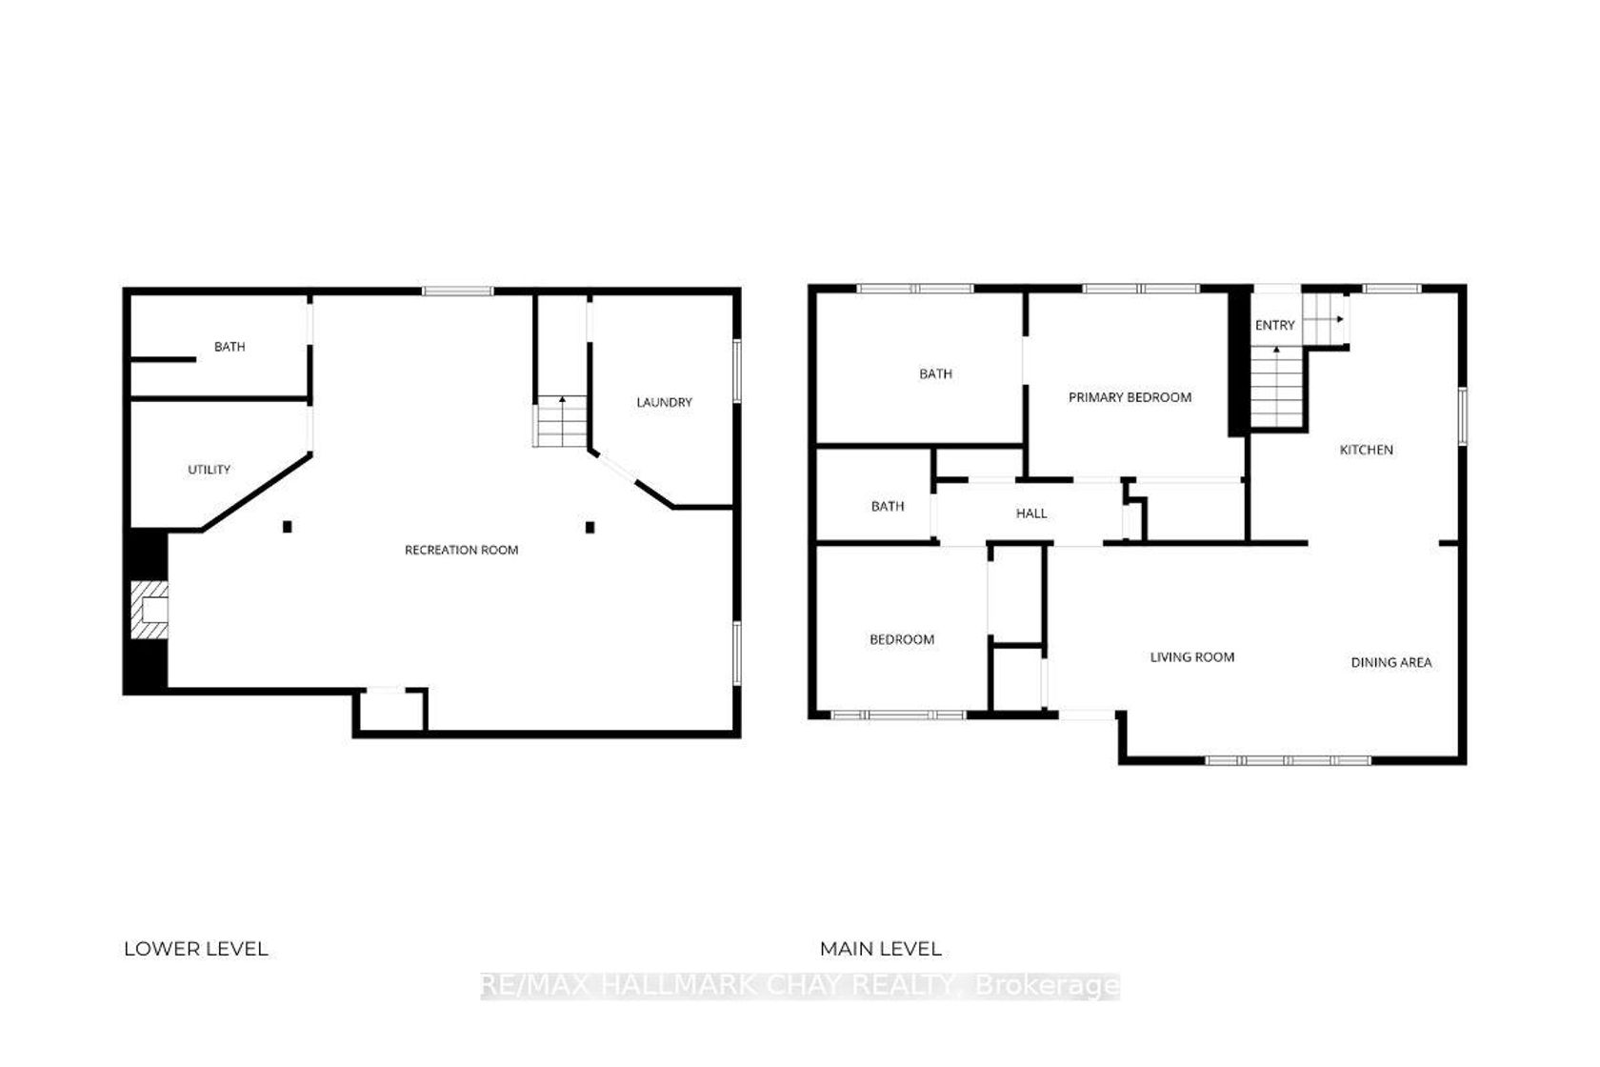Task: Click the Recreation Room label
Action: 461,550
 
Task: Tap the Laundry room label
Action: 665,402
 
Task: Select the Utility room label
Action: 209,470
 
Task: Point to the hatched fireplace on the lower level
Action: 150,610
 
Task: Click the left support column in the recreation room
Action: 288,527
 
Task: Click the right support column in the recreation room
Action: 590,528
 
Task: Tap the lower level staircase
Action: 562,421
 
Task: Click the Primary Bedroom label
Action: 1130,397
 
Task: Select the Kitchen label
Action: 1367,450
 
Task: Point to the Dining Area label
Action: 1391,662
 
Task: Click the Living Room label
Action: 1192,656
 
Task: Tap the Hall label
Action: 1031,513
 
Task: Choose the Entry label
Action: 1275,325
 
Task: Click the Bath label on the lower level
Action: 230,347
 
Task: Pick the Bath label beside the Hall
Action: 888,506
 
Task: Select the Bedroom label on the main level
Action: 902,639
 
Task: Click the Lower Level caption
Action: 196,949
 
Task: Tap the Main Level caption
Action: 881,949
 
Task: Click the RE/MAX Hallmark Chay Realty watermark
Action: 800,985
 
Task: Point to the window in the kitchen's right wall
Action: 1462,416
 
